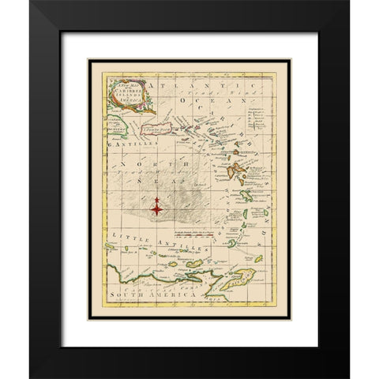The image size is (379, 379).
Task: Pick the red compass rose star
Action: (x=158, y=208)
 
